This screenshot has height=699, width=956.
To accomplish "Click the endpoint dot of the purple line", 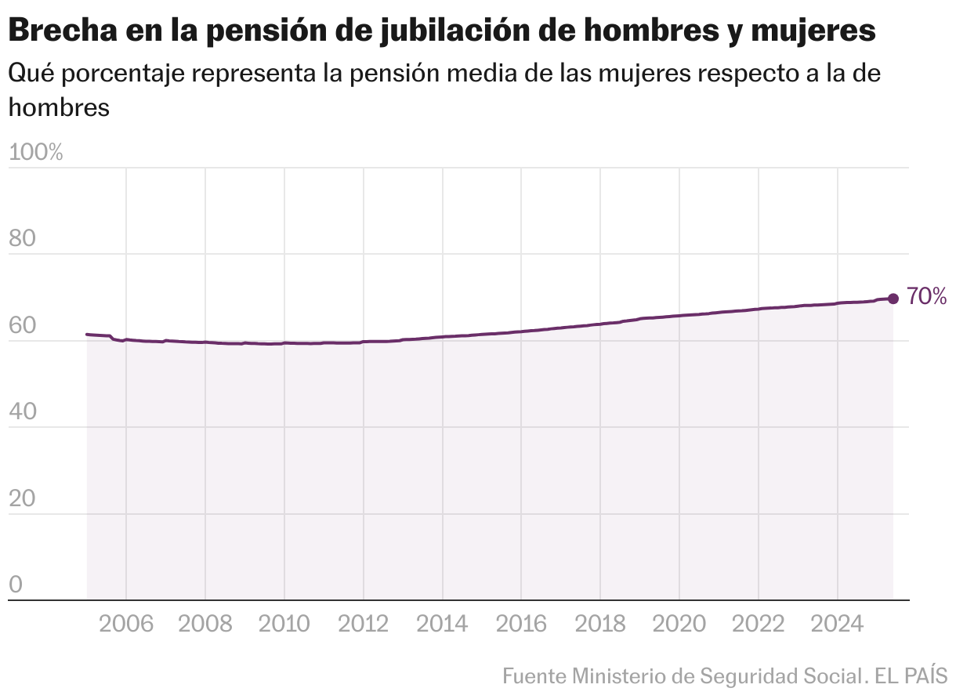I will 893,298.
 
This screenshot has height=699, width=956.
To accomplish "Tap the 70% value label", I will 927,297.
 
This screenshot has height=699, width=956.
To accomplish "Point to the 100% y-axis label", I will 35,153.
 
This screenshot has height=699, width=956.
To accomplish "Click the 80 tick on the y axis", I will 23,239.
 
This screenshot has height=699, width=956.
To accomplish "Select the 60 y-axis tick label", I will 23,326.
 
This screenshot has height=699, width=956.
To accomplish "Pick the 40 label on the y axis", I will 23,412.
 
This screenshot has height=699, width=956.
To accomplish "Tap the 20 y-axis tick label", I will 23,499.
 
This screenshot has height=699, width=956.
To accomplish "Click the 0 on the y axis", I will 15,585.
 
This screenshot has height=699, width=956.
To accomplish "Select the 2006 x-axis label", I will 126,625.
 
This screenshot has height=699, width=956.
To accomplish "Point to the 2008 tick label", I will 205,625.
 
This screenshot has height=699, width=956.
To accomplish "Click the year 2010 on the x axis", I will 284,625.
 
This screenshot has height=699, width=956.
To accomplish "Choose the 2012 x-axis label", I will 364,625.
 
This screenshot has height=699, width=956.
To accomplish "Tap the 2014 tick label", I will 443,625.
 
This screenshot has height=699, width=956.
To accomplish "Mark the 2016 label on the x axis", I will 522,625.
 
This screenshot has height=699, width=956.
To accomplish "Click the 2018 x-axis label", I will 601,625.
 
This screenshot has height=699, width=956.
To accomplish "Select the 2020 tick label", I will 680,625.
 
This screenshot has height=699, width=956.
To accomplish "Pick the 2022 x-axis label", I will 759,625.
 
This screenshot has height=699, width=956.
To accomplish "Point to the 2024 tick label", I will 838,625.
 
